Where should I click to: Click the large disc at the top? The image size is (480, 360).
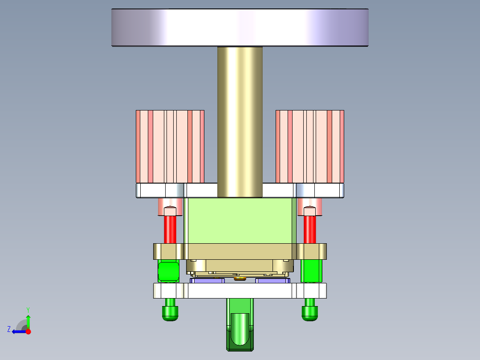240,28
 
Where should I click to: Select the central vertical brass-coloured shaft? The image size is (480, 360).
240,120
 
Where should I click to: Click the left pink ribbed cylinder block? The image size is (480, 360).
170,147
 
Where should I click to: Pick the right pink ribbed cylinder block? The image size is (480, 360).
309,147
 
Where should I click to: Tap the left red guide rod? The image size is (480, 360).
170,229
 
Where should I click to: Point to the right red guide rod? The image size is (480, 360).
310,229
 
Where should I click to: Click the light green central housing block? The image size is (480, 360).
240,221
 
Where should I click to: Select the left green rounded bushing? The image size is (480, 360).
169,271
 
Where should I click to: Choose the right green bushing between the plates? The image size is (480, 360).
311,271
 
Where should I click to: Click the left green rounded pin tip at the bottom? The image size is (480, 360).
170,313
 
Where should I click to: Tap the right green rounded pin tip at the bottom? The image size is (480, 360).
310,313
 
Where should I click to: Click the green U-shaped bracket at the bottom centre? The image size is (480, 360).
240,330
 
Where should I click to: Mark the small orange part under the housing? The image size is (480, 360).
240,279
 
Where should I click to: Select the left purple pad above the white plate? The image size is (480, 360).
207,281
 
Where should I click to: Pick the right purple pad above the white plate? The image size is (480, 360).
273,281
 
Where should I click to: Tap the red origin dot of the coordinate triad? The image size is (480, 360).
28,331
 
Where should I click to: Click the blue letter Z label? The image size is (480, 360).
9,329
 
